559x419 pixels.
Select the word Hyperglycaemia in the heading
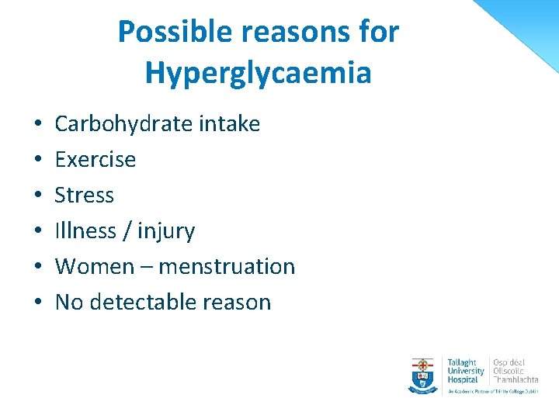[x=258, y=73]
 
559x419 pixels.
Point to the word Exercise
[x=95, y=159]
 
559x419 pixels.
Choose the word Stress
[x=85, y=195]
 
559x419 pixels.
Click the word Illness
[x=85, y=230]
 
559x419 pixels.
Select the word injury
[x=165, y=231]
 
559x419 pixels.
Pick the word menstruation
[x=227, y=266]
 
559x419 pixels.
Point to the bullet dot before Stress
[x=38, y=196]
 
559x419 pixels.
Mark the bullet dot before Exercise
[x=38, y=160]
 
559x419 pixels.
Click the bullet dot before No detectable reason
[x=38, y=303]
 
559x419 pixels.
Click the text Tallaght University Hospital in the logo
[x=466, y=371]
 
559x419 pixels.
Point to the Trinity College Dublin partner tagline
[x=491, y=391]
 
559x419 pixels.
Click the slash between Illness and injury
[x=124, y=231]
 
